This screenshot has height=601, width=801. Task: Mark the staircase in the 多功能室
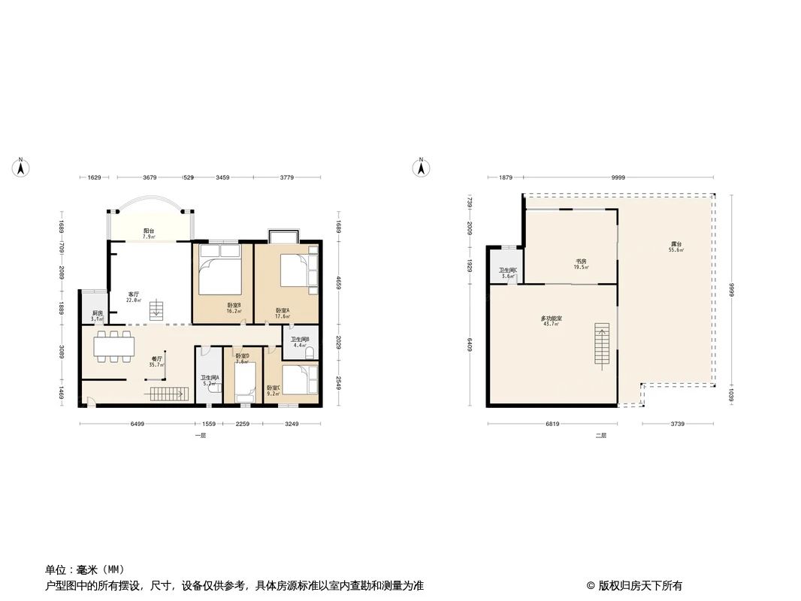point(601,344)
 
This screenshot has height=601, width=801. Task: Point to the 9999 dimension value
point(618,178)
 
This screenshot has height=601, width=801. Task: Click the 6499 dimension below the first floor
point(137,424)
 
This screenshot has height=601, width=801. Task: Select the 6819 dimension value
point(552,424)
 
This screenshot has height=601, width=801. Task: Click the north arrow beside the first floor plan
point(22,168)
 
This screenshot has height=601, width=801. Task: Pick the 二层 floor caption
point(600,436)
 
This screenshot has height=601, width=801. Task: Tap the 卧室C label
point(273,390)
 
